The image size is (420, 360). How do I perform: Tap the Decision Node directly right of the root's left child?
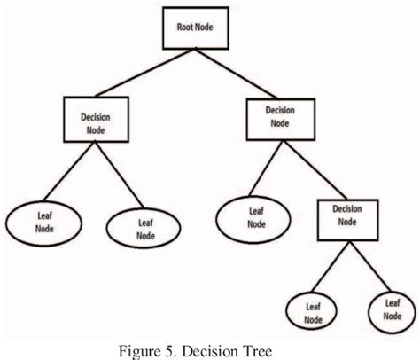pyautogui.click(x=280, y=117)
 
